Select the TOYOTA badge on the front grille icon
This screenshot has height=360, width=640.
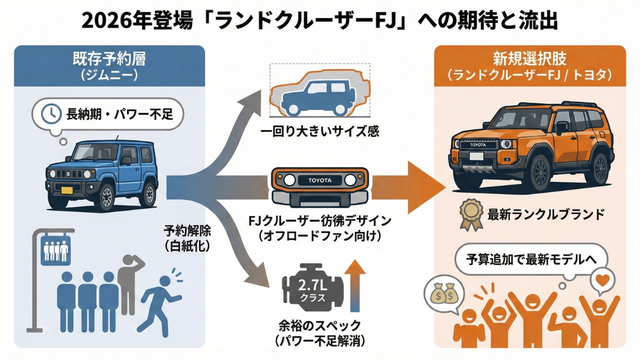(x=320, y=180)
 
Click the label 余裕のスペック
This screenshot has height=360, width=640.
(x=320, y=326)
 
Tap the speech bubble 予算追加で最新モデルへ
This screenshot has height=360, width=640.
(x=530, y=259)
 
